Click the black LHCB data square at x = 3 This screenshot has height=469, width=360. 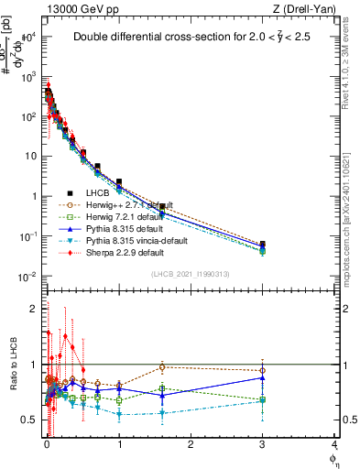point(263,245)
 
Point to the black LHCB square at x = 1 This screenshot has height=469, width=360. point(119,182)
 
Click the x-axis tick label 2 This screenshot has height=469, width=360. point(191,444)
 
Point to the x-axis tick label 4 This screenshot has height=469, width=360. point(334,444)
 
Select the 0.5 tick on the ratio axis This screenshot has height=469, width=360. point(35,420)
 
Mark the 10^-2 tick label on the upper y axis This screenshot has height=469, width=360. point(31,277)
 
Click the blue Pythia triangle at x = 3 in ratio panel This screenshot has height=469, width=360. point(263,377)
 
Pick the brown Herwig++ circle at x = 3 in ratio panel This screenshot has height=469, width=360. point(263,370)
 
